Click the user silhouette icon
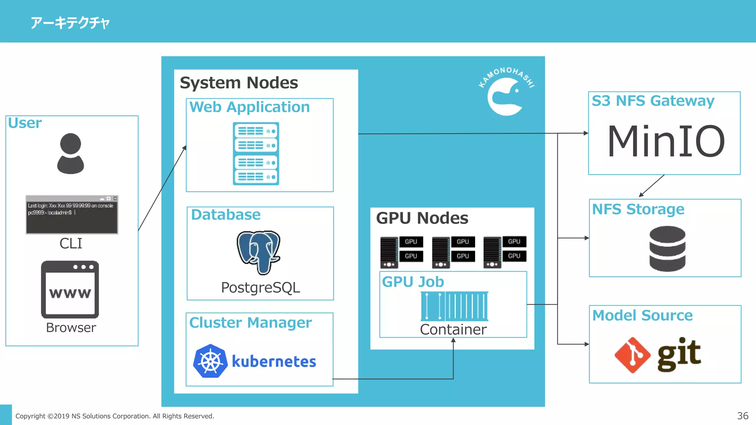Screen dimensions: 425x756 click(71, 153)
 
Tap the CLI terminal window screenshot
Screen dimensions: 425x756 click(72, 214)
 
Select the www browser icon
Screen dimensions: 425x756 click(70, 290)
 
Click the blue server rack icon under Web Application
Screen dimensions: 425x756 click(256, 153)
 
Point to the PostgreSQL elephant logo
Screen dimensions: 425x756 click(258, 252)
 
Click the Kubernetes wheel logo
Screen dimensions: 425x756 click(210, 361)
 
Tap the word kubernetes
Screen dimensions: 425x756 click(274, 362)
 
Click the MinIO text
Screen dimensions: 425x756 click(666, 141)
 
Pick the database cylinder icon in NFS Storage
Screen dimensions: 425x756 click(667, 249)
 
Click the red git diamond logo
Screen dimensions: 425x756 click(632, 355)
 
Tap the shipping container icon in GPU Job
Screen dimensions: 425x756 click(454, 306)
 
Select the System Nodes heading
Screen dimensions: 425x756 click(239, 83)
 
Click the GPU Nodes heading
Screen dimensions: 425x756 click(422, 218)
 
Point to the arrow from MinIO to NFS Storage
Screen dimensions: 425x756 click(652, 186)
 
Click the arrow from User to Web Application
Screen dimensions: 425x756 click(162, 189)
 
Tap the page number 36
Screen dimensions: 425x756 click(742, 416)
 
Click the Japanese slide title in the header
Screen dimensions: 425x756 click(70, 23)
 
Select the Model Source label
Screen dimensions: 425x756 click(642, 315)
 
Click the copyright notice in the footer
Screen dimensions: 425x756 click(114, 416)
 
